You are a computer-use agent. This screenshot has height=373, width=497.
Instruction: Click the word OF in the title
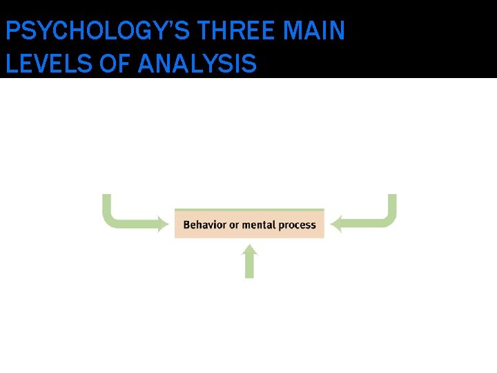(x=117, y=64)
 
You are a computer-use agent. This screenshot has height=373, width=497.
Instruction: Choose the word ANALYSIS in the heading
(x=197, y=64)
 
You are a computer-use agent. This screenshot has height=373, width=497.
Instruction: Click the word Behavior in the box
(x=205, y=224)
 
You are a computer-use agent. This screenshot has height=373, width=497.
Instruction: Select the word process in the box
(x=297, y=224)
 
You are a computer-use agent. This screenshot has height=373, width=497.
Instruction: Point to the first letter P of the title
(x=11, y=32)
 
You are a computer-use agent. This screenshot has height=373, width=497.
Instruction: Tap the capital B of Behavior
(x=186, y=224)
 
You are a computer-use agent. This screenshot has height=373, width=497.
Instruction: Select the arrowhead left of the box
(x=163, y=224)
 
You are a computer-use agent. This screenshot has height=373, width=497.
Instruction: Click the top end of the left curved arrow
(x=107, y=198)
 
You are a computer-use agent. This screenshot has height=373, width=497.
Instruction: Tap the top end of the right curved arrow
(x=392, y=198)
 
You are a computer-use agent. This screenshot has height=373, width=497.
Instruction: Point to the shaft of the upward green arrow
(x=250, y=268)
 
